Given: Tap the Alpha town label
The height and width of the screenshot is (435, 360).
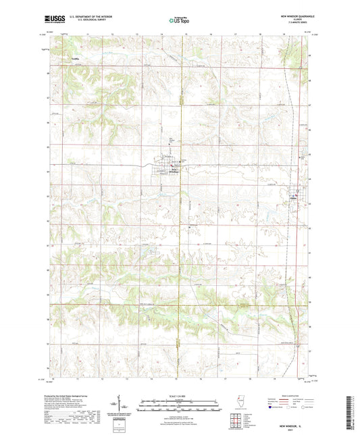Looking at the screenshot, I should [x=294, y=197].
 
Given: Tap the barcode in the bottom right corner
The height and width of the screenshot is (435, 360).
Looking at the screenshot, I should [x=352, y=413].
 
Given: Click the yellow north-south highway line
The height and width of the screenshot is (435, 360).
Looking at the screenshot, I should [x=177, y=270].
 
